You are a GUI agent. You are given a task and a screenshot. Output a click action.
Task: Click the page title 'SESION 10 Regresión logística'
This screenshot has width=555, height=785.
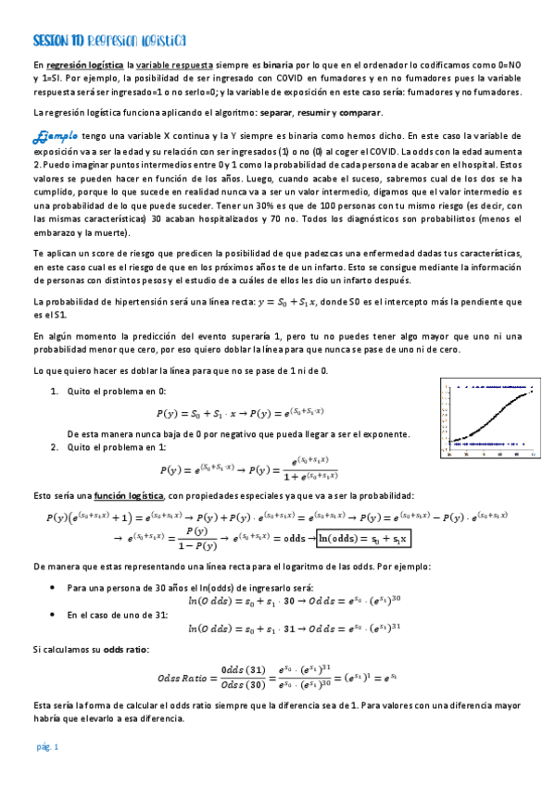click(109, 40)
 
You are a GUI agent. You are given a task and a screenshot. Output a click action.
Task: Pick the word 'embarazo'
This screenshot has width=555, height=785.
click(56, 232)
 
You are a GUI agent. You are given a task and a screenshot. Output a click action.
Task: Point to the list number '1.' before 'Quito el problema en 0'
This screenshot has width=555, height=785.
click(54, 392)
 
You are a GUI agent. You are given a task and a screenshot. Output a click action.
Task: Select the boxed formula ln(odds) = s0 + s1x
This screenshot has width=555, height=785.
click(361, 538)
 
